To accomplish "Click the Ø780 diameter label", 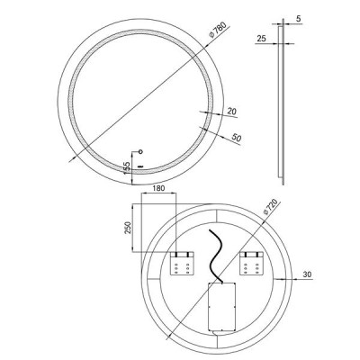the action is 217,30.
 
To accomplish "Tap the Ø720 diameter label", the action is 270,207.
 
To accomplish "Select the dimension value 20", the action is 232,112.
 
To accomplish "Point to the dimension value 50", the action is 237,138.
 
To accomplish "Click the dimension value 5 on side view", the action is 298,19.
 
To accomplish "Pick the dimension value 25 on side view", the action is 262,39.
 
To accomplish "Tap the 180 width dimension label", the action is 158,188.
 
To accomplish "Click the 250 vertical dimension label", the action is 128,228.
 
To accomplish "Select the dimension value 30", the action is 307,274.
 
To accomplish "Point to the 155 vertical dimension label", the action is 127,167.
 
